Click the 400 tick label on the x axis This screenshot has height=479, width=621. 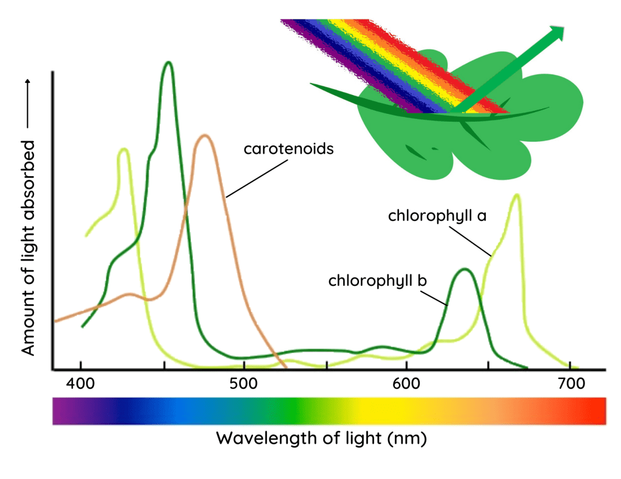tap(81, 384)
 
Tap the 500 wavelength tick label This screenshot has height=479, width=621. tap(243, 384)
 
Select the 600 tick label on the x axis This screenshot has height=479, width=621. tap(406, 384)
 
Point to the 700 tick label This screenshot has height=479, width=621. tap(569, 384)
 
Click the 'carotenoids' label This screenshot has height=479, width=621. tap(289, 148)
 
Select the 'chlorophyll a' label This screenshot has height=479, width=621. tap(437, 216)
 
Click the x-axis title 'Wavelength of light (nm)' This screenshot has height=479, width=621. tap(321, 438)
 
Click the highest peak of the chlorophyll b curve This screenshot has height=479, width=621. tap(169, 62)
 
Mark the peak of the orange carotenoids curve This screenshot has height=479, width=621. tap(205, 135)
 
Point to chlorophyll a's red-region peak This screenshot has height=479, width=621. tap(517, 195)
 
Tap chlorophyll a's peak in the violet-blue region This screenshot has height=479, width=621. tap(124, 149)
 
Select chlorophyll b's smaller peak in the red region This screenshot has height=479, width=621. tap(465, 269)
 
